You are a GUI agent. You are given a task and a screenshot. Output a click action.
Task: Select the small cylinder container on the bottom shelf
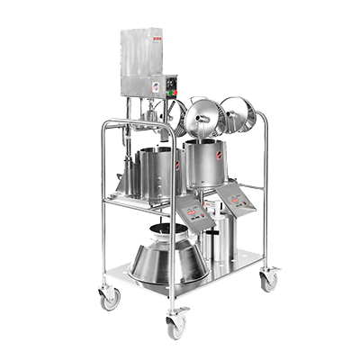coord(215,238)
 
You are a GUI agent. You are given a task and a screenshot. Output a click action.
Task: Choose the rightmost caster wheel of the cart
coord(269,281)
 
